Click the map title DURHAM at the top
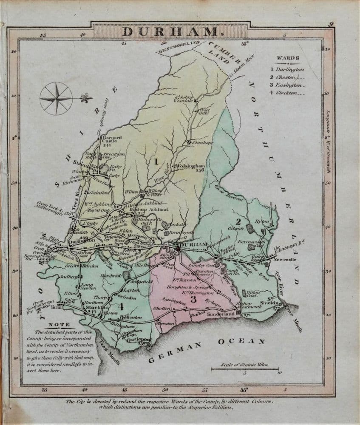pyautogui.click(x=170, y=31)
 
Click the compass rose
pyautogui.click(x=57, y=98)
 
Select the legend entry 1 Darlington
pyautogui.click(x=287, y=69)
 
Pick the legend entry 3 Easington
pyautogui.click(x=287, y=85)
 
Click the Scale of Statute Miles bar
pyautogui.click(x=245, y=369)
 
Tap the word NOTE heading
pyautogui.click(x=60, y=325)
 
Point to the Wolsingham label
pyautogui.click(x=190, y=166)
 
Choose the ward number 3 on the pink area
pyautogui.click(x=193, y=299)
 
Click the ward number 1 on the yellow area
pyautogui.click(x=156, y=161)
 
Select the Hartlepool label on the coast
pyautogui.click(x=136, y=340)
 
